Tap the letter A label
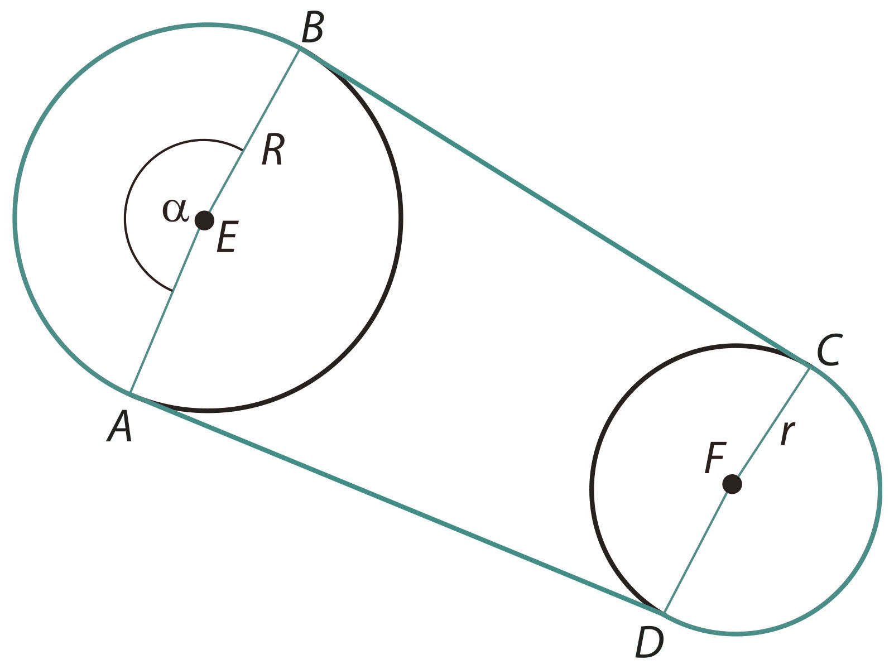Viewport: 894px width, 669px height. [x=120, y=426]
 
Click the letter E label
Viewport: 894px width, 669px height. [x=227, y=237]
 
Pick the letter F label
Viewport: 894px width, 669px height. [x=715, y=458]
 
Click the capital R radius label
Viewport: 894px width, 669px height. [x=272, y=150]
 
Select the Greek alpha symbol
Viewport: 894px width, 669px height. [x=176, y=210]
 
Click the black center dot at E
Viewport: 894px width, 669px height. [x=204, y=221]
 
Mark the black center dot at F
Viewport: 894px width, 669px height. [x=732, y=484]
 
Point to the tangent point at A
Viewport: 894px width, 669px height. [x=130, y=393]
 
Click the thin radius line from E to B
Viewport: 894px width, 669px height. [x=252, y=135]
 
